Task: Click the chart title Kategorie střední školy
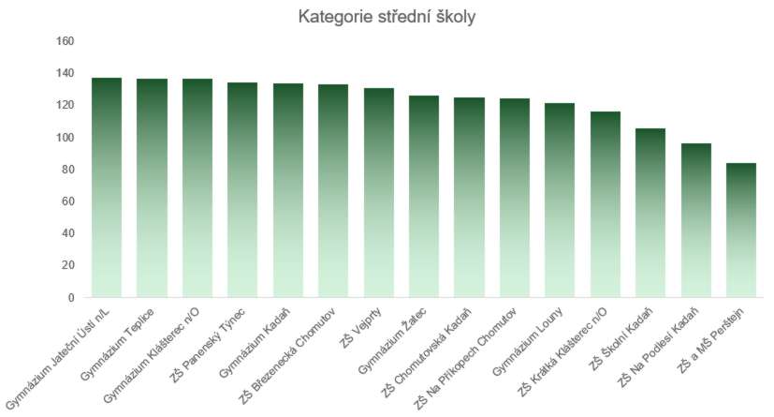(387, 18)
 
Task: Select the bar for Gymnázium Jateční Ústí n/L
(107, 187)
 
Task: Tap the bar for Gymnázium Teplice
(152, 187)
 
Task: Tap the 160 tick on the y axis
(65, 41)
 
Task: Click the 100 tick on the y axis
(65, 138)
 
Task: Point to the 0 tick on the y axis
(70, 298)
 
